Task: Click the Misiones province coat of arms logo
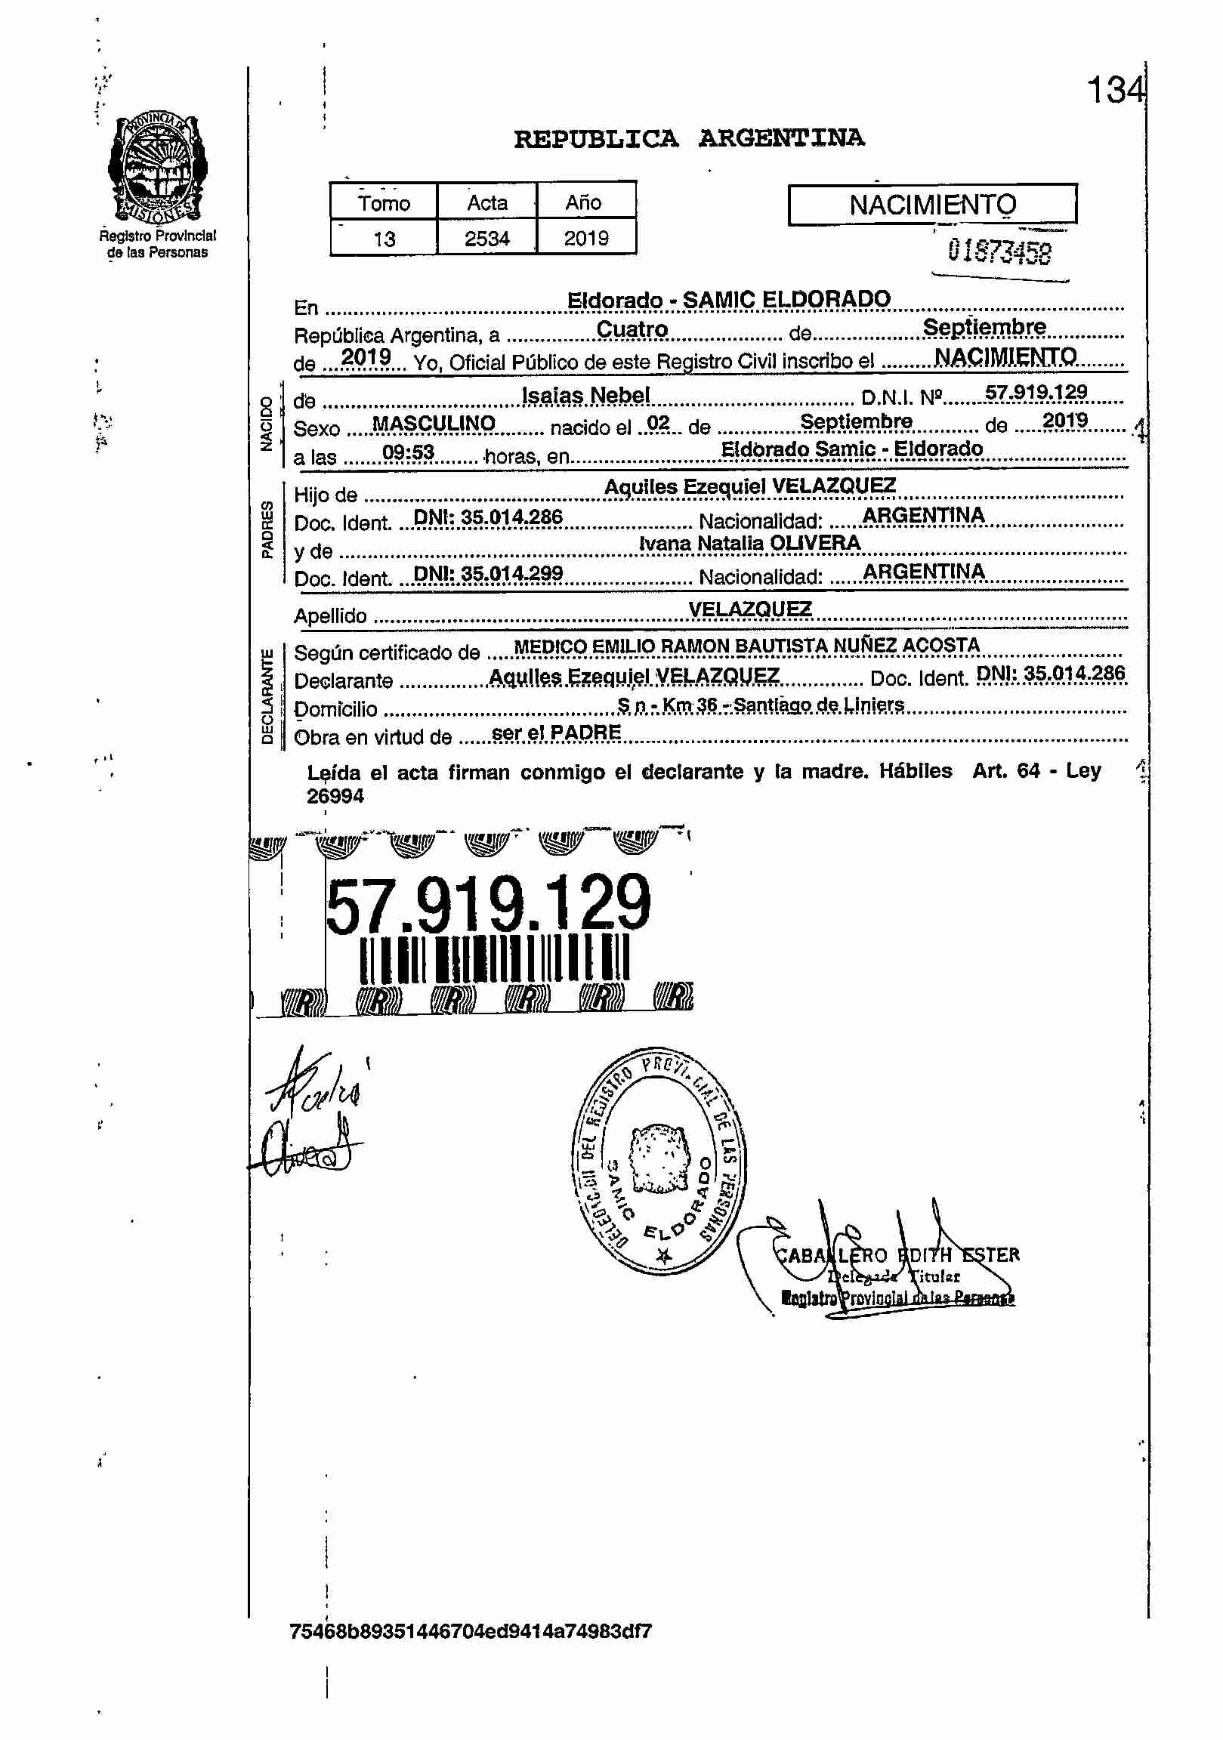pos(157,168)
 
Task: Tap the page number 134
pos(1114,90)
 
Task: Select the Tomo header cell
pos(384,202)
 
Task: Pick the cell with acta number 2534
pos(486,239)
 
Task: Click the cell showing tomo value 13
pos(384,239)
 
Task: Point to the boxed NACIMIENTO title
pos(932,205)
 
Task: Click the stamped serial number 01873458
pos(999,251)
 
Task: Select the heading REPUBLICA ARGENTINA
pos(688,139)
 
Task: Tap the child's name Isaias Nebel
pos(585,395)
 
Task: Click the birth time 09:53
pos(408,453)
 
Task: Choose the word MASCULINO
pos(434,423)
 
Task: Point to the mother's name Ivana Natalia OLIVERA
pos(749,542)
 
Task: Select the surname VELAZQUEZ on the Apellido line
pos(749,609)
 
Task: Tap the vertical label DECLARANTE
pos(267,696)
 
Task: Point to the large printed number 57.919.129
pos(488,902)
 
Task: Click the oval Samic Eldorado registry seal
pos(658,1160)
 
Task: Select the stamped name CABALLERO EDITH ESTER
pos(896,1255)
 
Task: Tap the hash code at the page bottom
pos(470,1630)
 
